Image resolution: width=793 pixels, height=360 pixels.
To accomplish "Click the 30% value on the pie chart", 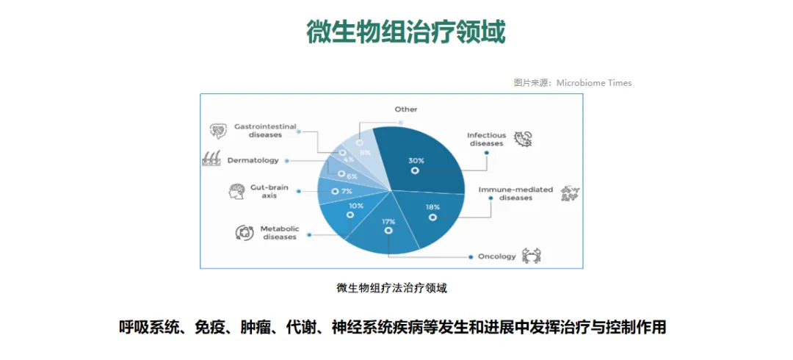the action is (416, 160).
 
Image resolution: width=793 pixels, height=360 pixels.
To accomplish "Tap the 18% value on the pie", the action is (432, 208).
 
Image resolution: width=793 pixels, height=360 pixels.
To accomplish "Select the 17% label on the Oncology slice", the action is (388, 221).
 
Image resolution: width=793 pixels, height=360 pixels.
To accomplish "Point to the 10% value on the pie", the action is (356, 206).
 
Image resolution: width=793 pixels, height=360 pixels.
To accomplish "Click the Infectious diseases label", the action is (486, 139).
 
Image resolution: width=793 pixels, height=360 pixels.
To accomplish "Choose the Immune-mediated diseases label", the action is (515, 193).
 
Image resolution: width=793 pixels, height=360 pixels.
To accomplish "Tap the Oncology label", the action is (497, 256).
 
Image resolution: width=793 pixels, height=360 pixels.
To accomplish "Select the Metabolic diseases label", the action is (280, 233).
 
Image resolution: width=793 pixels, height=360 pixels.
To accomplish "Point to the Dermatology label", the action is (253, 160).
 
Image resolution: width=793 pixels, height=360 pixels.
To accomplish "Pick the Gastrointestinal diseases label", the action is (265, 130).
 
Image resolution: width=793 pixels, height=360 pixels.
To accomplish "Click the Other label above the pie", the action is (406, 109).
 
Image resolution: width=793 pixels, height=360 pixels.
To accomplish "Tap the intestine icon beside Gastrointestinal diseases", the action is (218, 131).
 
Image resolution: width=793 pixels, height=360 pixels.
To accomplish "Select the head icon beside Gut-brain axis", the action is (236, 192).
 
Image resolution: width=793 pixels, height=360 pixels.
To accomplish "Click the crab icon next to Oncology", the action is (532, 256).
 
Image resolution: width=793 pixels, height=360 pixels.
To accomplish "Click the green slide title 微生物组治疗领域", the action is (406, 32).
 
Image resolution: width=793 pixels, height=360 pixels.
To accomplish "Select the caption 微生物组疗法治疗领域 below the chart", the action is (391, 288).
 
